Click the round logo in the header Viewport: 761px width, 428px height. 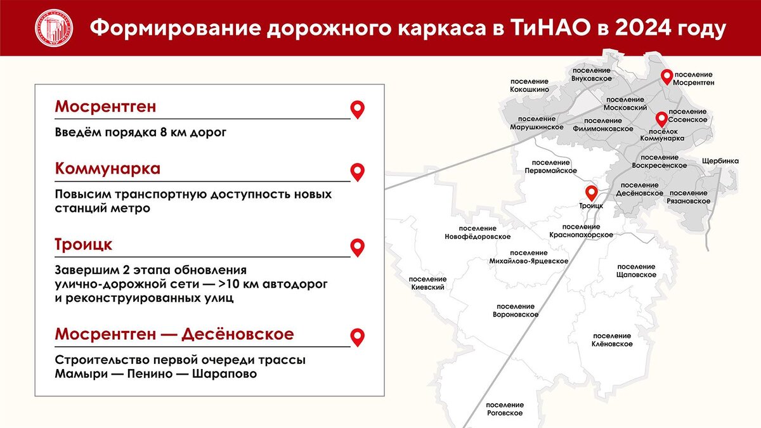click(x=53, y=28)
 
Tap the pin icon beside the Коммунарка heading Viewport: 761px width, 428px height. click(x=358, y=172)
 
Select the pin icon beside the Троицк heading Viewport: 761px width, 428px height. click(x=358, y=247)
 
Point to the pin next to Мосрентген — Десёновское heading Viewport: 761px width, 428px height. click(x=358, y=337)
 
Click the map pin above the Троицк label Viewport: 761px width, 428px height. click(x=591, y=193)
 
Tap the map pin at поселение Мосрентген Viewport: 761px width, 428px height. click(x=667, y=77)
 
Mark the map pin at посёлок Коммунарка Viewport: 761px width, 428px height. click(x=661, y=119)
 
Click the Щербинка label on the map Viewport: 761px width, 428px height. click(x=720, y=161)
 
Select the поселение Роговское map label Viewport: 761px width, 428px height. click(x=505, y=409)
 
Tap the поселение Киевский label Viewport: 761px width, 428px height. click(x=427, y=283)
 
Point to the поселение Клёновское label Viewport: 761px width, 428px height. click(x=613, y=340)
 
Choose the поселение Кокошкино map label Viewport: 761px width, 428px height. click(x=529, y=86)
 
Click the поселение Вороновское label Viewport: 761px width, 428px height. click(x=516, y=310)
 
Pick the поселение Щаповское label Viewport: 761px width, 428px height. click(x=636, y=271)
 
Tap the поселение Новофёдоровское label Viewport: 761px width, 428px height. click(x=478, y=232)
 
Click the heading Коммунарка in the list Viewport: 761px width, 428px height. click(x=107, y=169)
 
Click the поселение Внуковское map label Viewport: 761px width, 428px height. click(x=591, y=74)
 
